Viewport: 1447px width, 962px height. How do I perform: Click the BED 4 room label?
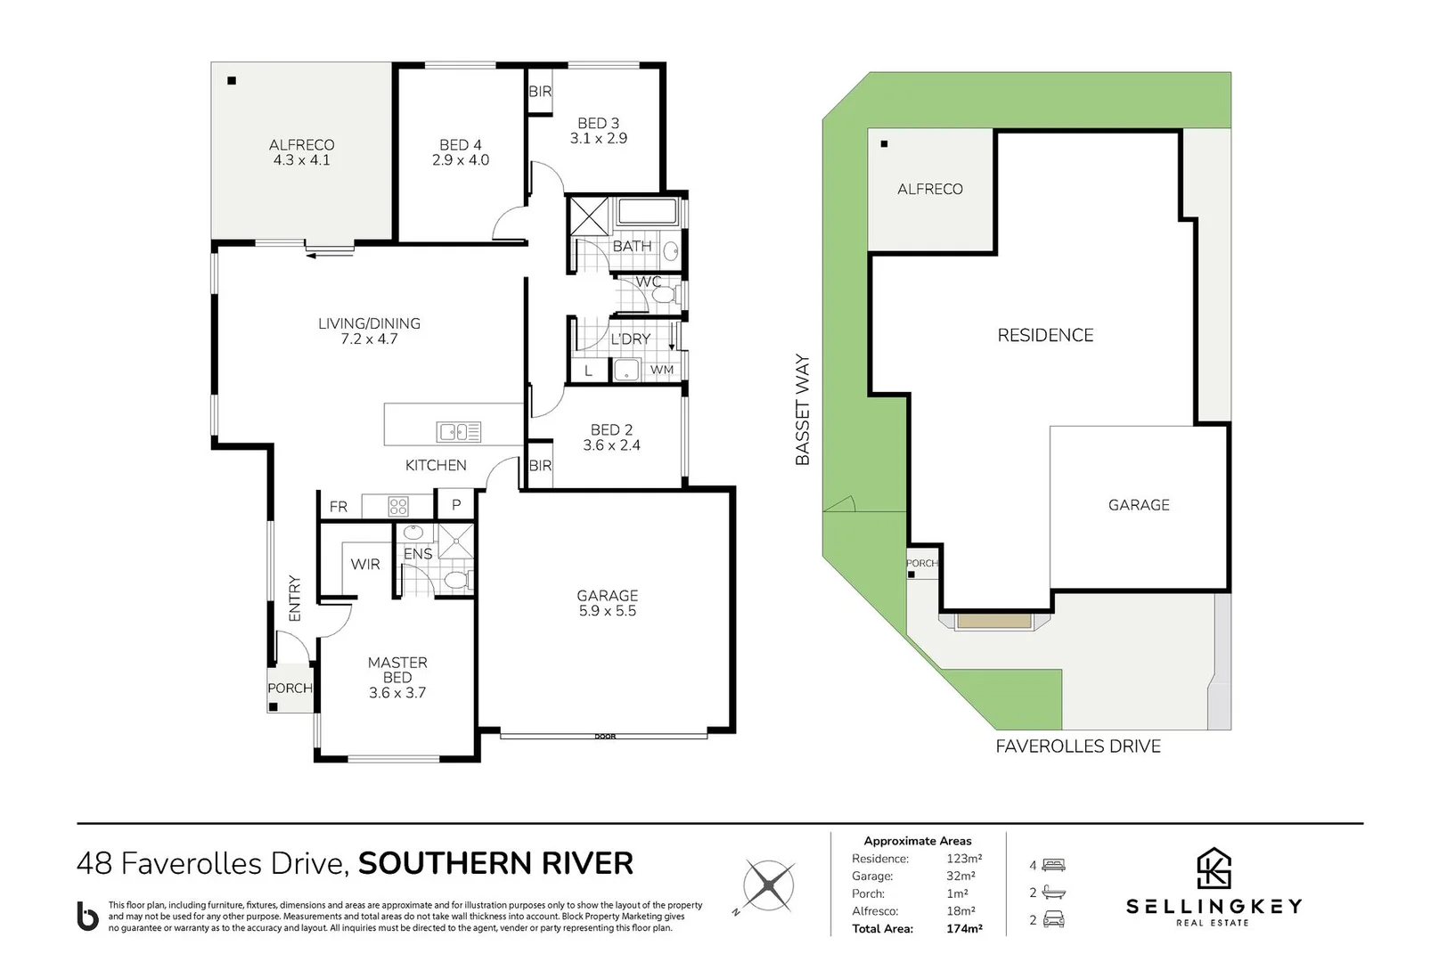click(460, 152)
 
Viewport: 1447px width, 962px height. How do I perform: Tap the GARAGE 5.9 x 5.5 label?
click(608, 602)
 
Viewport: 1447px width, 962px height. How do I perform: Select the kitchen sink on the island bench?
click(459, 431)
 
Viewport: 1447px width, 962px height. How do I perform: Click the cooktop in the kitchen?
click(398, 507)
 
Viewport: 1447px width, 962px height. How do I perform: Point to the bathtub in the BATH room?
click(647, 212)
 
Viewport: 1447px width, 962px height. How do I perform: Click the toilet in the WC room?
click(665, 296)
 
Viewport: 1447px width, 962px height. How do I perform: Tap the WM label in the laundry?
click(661, 370)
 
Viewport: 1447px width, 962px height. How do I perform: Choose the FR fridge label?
click(338, 507)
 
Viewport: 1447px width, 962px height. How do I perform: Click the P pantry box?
click(456, 504)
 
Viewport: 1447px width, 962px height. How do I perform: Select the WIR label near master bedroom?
click(365, 565)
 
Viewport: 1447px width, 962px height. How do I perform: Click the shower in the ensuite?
click(456, 541)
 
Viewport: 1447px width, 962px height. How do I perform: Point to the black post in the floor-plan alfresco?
click(232, 81)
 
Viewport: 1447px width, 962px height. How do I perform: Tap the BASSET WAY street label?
click(802, 410)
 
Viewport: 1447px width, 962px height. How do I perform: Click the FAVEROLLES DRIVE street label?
click(1078, 746)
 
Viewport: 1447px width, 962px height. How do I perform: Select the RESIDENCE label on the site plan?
click(1045, 335)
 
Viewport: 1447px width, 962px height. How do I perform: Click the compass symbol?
click(767, 885)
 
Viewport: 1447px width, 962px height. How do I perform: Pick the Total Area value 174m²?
click(964, 929)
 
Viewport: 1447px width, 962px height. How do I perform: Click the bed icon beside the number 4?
click(1053, 865)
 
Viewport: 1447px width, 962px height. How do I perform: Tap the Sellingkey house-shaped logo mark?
click(1214, 868)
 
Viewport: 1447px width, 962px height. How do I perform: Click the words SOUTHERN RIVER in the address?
click(495, 864)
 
